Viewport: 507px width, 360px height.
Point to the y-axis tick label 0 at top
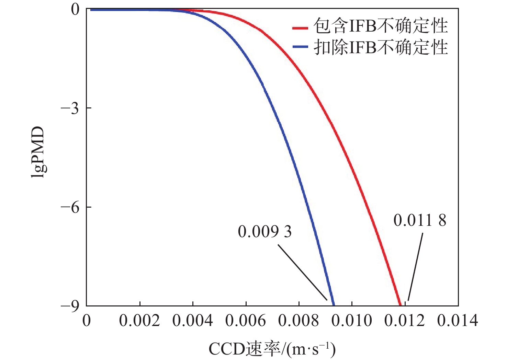point(76,9)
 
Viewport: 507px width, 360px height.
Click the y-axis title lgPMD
point(38,152)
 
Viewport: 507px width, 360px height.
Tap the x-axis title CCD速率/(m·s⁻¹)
point(272,349)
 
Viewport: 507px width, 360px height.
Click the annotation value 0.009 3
point(264,232)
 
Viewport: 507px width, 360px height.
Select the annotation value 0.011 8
point(420,220)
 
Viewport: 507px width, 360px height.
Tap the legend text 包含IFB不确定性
point(381,26)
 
